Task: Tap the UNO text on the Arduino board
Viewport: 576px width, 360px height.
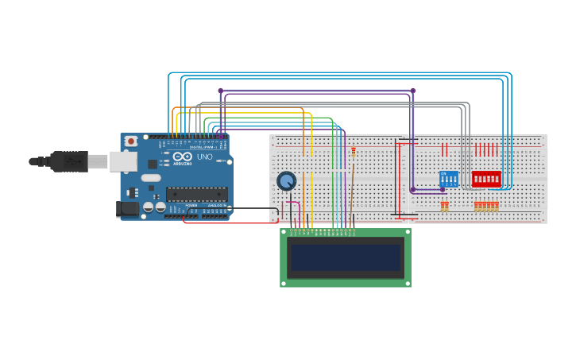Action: (204, 157)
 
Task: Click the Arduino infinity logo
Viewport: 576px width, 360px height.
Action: (182, 157)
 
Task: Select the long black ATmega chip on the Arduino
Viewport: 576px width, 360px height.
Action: (196, 193)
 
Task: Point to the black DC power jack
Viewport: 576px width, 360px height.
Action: (125, 209)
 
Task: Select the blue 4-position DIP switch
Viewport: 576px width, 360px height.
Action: (448, 179)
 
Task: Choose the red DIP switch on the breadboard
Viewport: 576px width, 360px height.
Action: (486, 179)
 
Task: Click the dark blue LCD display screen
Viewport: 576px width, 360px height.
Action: (346, 257)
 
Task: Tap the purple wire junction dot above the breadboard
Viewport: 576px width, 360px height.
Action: (412, 91)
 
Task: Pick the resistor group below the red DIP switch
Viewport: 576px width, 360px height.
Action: (486, 207)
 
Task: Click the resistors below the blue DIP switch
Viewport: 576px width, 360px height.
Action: (445, 207)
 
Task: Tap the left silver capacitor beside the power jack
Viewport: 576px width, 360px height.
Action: (148, 207)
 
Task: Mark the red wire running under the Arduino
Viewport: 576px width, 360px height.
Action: (230, 223)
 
